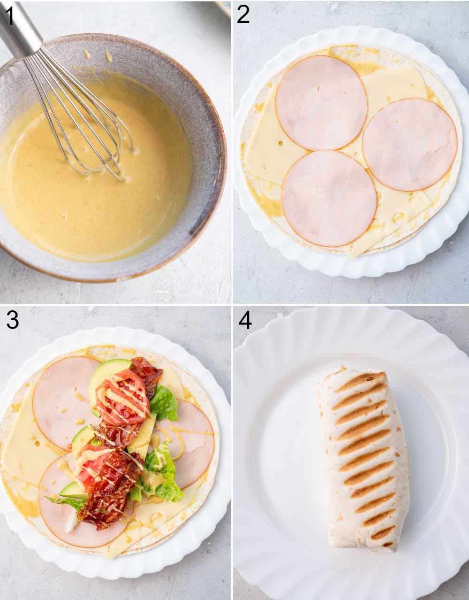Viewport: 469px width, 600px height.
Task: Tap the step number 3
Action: pos(12,320)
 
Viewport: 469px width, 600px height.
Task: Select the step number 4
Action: pos(245,320)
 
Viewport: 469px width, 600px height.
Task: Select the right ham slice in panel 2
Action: pos(409,144)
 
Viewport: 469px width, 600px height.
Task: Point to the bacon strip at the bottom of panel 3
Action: pos(106,498)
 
